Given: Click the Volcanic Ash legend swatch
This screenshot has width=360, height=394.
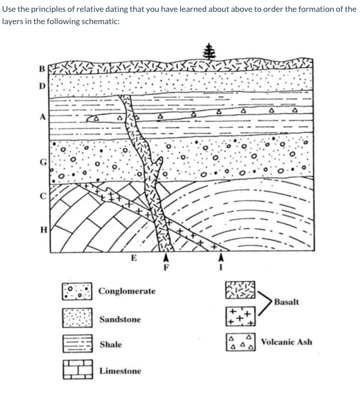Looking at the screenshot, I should (239, 342).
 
